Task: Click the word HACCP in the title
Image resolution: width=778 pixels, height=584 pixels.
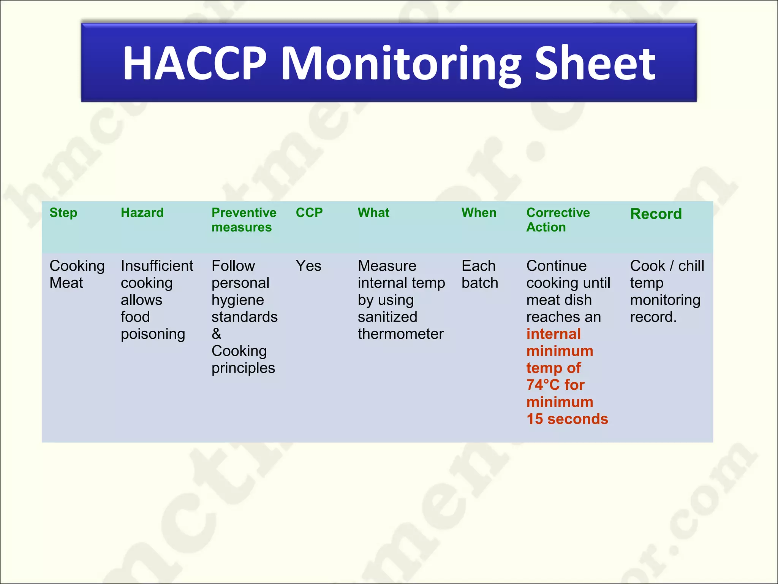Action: coord(194,63)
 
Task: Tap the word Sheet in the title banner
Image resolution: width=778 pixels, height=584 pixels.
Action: coord(595,63)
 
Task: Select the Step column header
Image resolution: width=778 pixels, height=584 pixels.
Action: coord(63,213)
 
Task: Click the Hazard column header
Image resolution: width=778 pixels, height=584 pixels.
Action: coord(142,213)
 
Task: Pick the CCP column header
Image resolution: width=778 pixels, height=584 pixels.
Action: coord(309,213)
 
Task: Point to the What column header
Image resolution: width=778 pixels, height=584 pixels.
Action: coord(373,213)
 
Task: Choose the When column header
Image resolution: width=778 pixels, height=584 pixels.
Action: coord(479,213)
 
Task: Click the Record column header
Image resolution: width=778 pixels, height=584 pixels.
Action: coord(656,214)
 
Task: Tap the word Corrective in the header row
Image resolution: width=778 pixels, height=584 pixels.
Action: coord(558,213)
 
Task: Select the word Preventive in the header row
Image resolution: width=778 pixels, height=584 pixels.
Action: coord(244,213)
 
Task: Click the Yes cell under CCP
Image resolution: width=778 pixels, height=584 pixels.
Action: coord(308,266)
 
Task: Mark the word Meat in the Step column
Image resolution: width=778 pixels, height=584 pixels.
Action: coord(66,283)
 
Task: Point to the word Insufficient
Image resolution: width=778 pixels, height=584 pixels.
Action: coord(157,266)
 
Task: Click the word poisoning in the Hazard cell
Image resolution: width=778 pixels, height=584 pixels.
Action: coord(153,334)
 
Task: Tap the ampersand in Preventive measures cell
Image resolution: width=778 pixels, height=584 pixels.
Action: coord(217,334)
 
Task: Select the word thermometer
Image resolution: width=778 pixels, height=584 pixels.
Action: coord(400,334)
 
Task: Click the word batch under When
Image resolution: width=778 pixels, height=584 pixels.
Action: coord(480,283)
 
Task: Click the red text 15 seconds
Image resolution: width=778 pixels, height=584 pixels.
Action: coord(567,419)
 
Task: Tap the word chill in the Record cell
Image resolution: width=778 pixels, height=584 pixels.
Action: coord(691,266)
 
